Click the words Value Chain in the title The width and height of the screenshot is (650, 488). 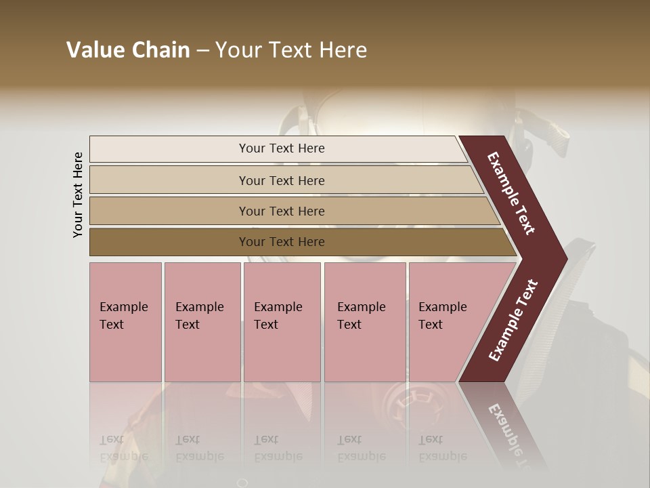point(128,50)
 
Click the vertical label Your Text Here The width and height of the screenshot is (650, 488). point(78,195)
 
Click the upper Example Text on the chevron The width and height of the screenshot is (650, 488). point(512,193)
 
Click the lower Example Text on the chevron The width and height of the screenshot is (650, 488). point(513,320)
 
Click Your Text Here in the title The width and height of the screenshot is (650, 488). point(291,50)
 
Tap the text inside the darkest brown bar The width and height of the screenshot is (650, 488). point(282,242)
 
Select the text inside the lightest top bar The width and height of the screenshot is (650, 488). point(282,148)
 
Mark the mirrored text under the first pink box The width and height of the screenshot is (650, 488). point(123,448)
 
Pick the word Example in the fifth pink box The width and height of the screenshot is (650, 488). point(443,307)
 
